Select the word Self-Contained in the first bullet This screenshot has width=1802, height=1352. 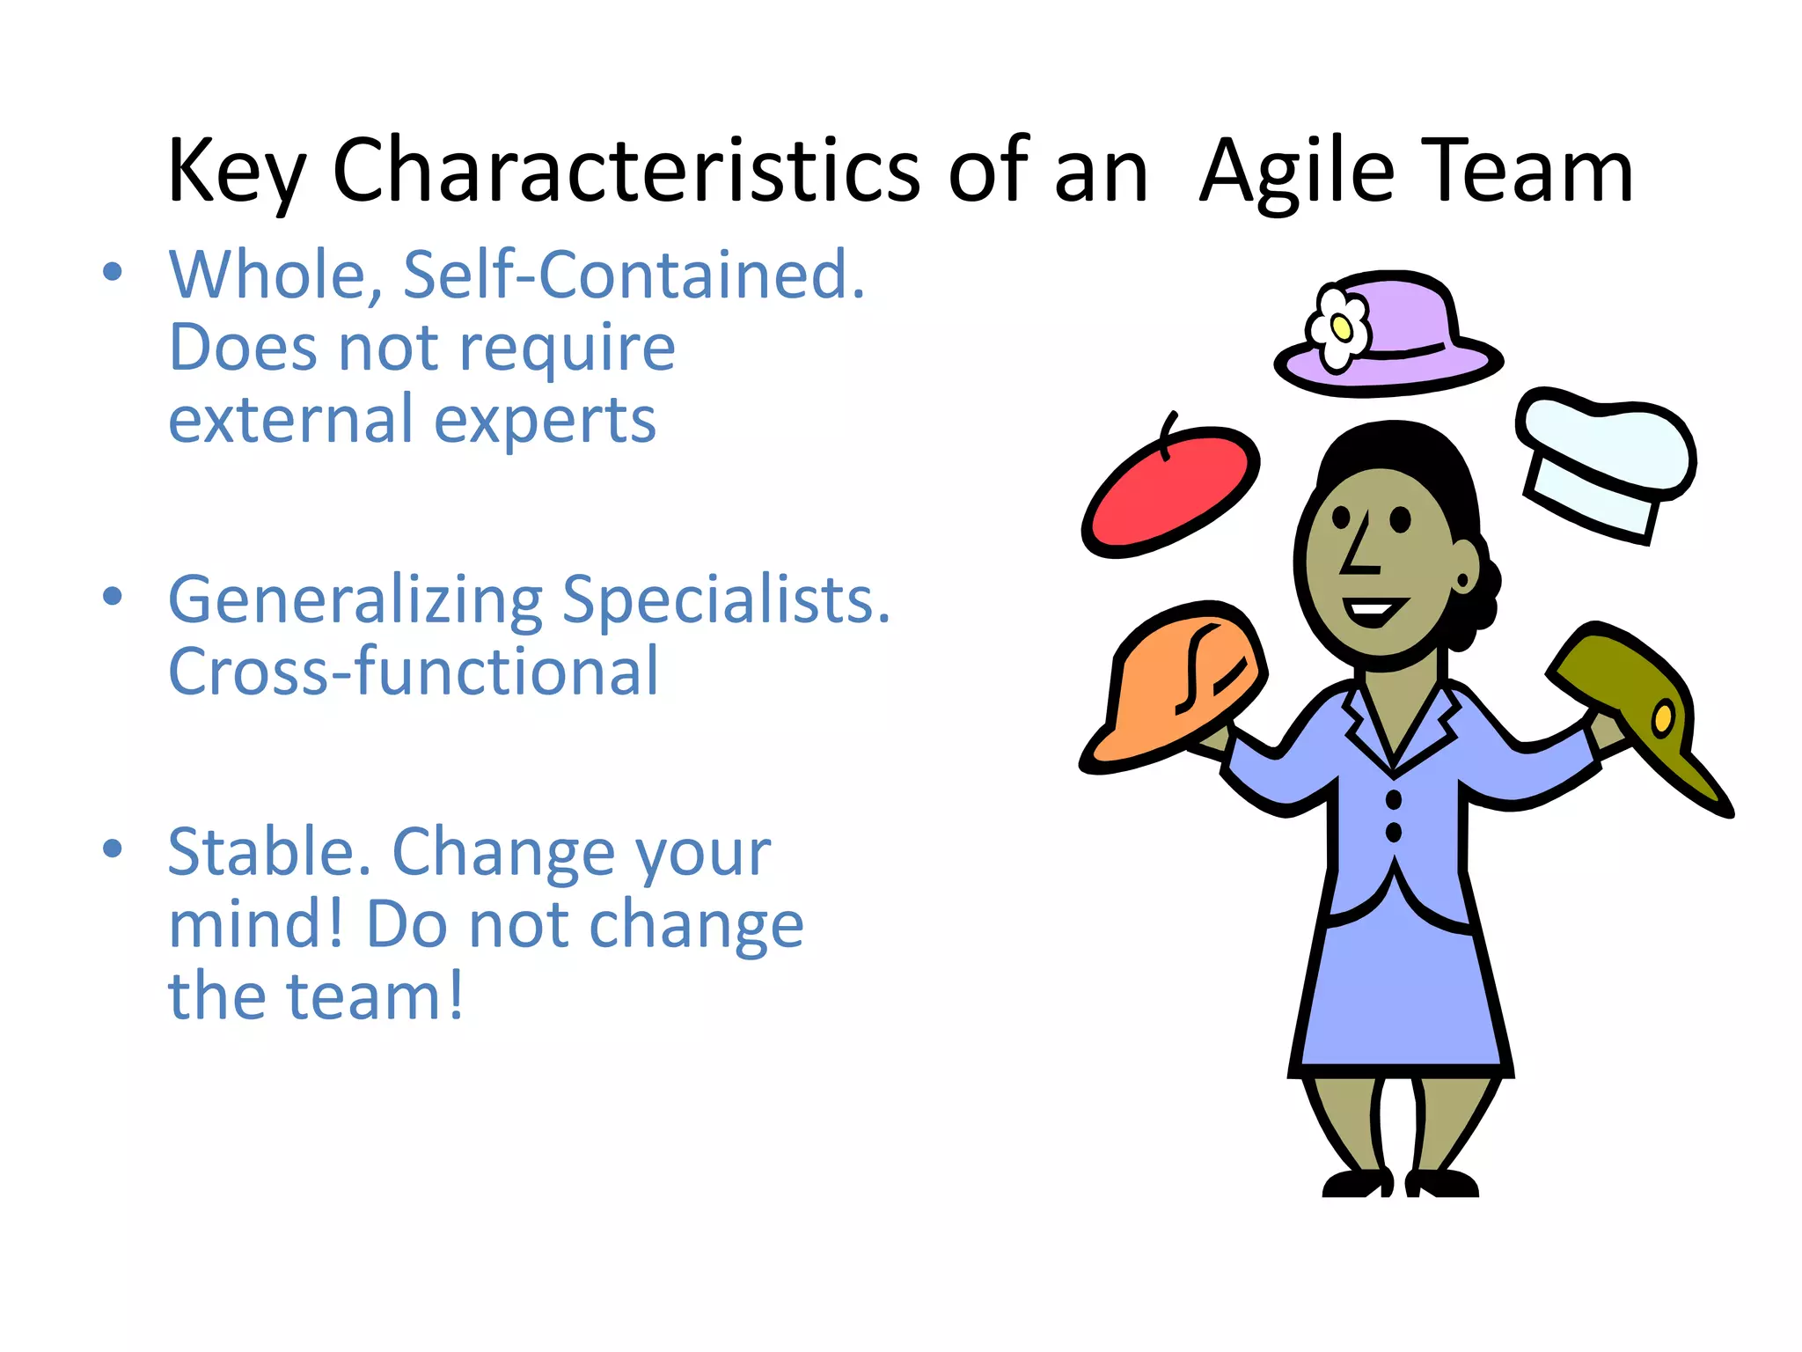point(634,275)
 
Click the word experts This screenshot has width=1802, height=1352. point(545,420)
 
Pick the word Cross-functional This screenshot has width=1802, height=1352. point(413,672)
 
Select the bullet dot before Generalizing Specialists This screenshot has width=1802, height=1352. point(112,596)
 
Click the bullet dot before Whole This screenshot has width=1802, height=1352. point(112,271)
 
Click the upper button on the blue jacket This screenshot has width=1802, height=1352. point(1394,799)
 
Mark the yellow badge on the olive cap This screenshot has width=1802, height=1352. point(1662,717)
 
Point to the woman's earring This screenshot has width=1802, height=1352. point(1463,581)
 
